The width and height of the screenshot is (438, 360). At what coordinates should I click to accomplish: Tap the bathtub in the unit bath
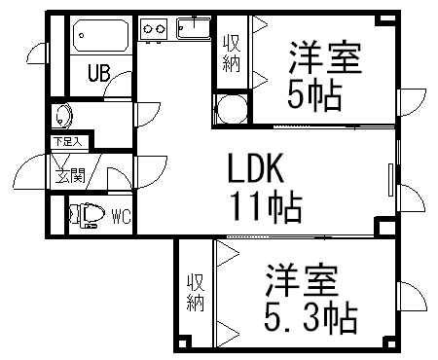coord(98,38)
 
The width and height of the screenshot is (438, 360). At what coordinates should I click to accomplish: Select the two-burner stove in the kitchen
coord(154,30)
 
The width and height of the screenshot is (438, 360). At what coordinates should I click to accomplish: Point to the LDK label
coord(255,170)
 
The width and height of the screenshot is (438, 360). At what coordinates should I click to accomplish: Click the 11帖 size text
coord(264,206)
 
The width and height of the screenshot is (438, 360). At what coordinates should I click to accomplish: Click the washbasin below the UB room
coord(64,115)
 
